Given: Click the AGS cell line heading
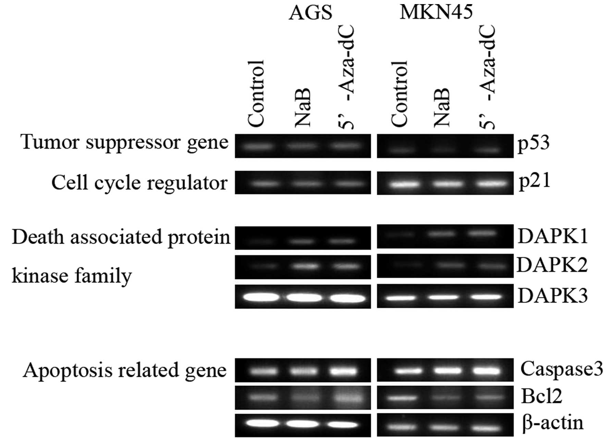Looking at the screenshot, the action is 310,13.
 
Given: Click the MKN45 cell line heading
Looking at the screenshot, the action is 436,12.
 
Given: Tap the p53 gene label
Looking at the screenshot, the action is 533,144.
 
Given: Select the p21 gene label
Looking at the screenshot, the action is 534,181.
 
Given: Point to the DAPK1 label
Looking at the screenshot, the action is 552,237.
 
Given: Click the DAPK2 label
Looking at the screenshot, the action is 552,265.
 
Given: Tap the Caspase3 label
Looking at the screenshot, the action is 562,369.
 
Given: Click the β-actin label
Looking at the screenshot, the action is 553,423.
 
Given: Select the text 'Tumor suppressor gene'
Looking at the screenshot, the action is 124,142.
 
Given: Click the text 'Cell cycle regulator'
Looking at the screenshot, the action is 139,183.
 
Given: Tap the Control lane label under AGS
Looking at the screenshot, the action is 256,93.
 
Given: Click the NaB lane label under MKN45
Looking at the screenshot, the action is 441,108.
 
